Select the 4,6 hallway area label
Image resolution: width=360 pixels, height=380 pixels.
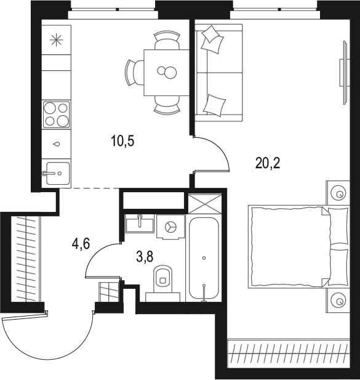tap(81, 244)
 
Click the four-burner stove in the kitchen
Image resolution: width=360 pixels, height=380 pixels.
tap(56, 114)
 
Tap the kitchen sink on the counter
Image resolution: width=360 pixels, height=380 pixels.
tap(56, 172)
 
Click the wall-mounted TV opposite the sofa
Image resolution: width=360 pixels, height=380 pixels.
tap(342, 71)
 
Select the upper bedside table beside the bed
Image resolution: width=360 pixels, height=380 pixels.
tap(338, 193)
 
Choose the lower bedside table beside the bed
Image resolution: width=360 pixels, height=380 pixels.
tap(338, 301)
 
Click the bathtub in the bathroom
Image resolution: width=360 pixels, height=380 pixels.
tap(204, 259)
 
